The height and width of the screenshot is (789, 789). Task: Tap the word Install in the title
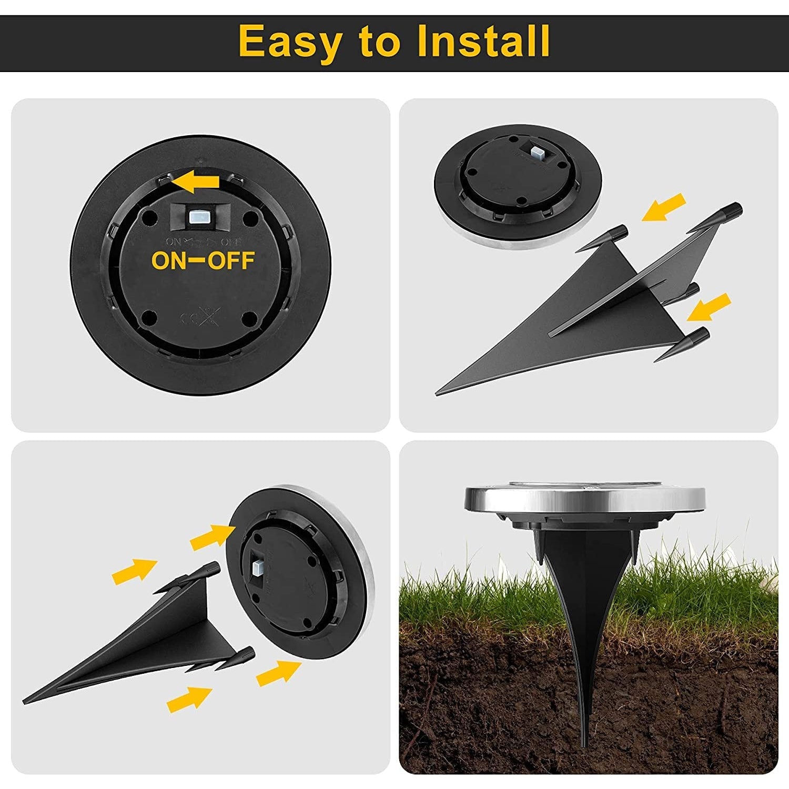[483, 41]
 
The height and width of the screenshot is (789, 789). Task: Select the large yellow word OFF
[231, 260]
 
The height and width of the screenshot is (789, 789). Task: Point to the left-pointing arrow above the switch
[196, 182]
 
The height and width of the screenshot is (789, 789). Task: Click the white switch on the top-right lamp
[537, 153]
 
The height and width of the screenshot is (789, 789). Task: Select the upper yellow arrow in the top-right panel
[663, 207]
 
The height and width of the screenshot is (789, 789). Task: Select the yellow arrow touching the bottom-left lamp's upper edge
[213, 536]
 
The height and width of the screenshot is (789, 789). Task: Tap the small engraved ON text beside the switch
[173, 242]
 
